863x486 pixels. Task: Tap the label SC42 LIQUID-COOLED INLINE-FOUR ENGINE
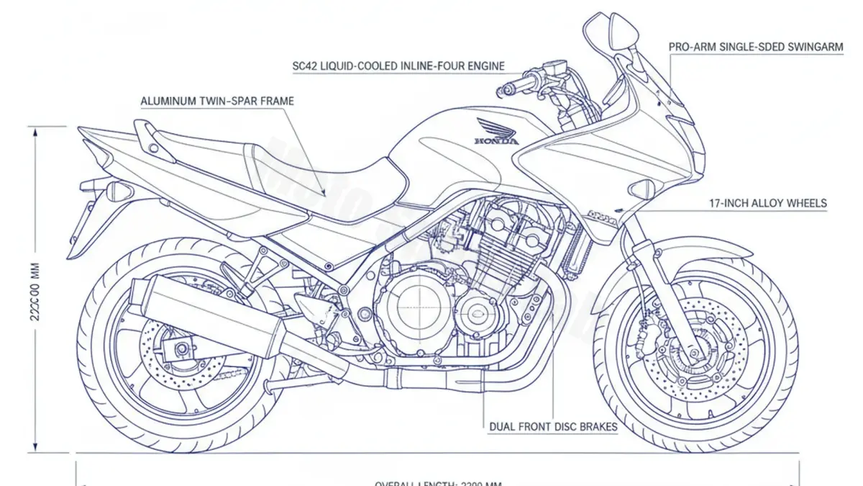(398, 66)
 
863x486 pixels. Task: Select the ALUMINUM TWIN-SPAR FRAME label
(217, 102)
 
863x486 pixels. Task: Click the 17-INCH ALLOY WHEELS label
(769, 204)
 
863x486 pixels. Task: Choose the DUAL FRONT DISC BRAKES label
(553, 427)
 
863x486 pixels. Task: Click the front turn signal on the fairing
(641, 191)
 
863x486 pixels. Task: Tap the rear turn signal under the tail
(117, 192)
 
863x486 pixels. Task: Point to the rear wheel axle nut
(181, 350)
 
